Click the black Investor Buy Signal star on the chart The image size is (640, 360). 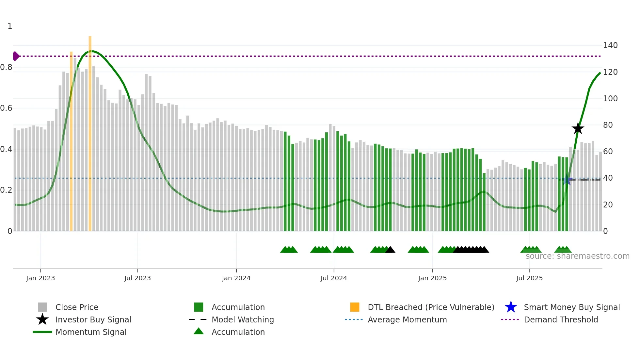578,129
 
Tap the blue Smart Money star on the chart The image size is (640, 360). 567,180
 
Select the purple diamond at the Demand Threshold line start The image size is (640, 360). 16,56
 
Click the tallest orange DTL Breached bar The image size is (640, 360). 90,131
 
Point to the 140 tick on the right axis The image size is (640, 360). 610,45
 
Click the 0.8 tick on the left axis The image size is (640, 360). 6,67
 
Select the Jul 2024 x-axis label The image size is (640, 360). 333,278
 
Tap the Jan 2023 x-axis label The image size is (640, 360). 40,278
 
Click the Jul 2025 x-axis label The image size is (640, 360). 529,278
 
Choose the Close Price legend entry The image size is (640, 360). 77,307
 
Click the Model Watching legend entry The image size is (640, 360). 243,320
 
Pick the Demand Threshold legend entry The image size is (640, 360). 561,320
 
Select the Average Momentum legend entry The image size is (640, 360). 407,320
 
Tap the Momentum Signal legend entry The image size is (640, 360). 91,332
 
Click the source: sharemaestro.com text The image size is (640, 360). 577,256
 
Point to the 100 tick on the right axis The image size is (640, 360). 610,99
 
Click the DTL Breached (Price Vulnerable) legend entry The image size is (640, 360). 431,307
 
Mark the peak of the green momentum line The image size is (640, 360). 92,51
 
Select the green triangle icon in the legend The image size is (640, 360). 199,331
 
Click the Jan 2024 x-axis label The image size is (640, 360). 236,278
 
